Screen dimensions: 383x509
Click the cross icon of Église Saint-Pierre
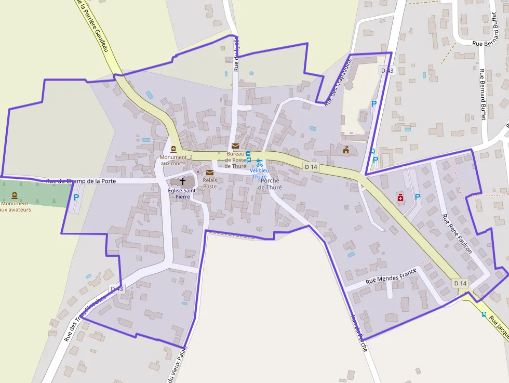click(x=183, y=181)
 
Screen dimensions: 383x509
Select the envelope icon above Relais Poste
click(x=210, y=173)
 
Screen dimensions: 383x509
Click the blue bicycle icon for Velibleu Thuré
click(x=259, y=163)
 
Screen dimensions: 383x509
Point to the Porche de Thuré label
click(x=269, y=184)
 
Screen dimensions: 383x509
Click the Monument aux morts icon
click(x=173, y=149)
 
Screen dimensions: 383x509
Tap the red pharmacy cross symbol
click(x=400, y=197)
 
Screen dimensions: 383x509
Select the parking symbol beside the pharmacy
click(x=417, y=197)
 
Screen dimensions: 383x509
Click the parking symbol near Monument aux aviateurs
click(x=76, y=197)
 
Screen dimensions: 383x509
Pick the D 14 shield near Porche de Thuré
click(x=311, y=167)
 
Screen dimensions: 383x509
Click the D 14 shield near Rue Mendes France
click(x=460, y=283)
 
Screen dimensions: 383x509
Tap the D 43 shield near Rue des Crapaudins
click(x=387, y=70)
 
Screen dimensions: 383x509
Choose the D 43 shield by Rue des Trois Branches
click(x=117, y=288)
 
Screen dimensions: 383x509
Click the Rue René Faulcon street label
click(x=457, y=233)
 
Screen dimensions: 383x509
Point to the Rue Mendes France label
click(x=391, y=275)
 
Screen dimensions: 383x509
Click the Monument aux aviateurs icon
click(x=14, y=195)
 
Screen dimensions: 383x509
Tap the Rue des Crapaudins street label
click(x=338, y=83)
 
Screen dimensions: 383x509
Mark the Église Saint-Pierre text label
click(x=182, y=194)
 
